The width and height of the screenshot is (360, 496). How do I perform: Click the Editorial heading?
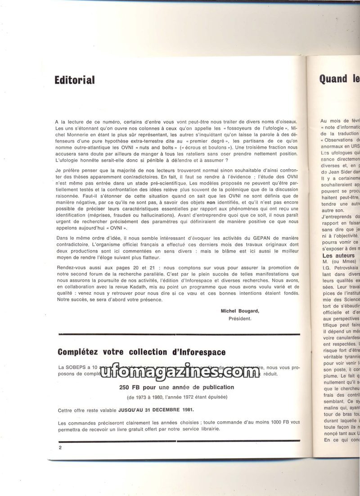74,80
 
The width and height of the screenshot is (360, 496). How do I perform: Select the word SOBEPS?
77,367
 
